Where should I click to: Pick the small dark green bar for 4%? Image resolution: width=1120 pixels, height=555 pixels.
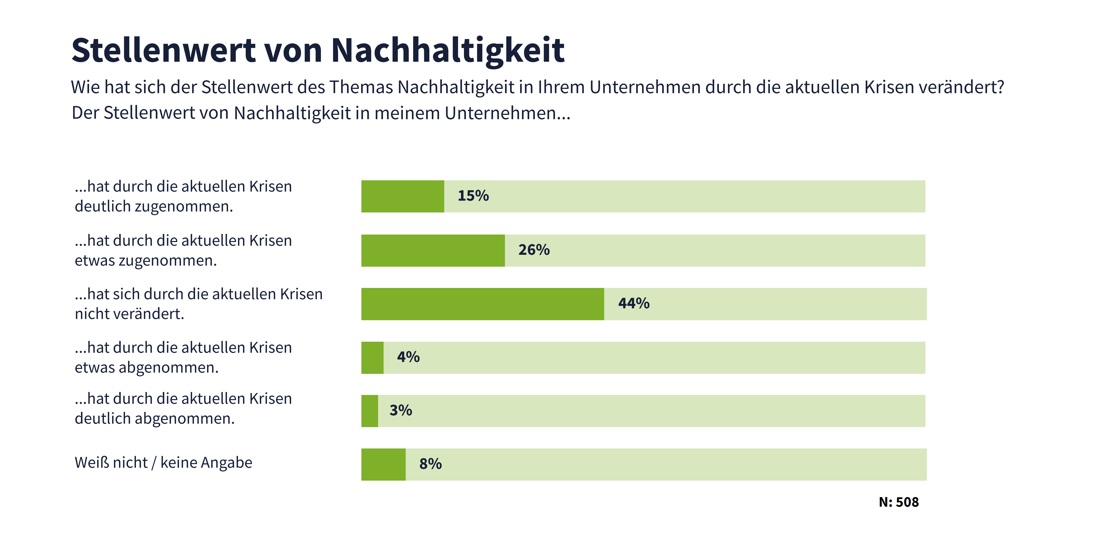coord(372,358)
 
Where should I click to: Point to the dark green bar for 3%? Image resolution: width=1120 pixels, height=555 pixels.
coord(369,411)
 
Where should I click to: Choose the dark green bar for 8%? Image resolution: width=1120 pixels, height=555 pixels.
coord(383,464)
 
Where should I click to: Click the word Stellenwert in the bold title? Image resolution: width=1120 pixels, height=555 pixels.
coord(163,51)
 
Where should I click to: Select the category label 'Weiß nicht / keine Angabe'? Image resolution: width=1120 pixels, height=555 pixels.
coord(163,462)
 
